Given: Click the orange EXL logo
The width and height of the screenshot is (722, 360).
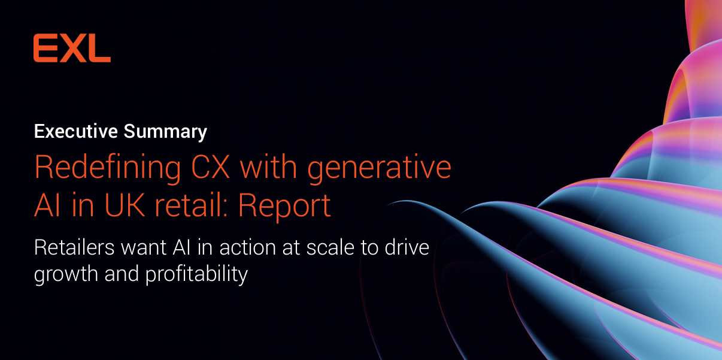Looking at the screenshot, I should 72,48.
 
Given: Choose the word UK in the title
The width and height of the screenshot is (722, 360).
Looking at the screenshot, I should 125,205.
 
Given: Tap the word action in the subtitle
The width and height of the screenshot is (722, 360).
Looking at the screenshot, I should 222,247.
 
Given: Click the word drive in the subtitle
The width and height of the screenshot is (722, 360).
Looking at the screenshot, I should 409,247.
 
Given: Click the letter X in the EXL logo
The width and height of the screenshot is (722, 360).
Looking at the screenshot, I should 73,48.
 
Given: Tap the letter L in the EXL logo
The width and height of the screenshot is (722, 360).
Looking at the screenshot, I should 100,48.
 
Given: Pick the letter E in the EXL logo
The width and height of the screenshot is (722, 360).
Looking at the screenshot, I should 45,48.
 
